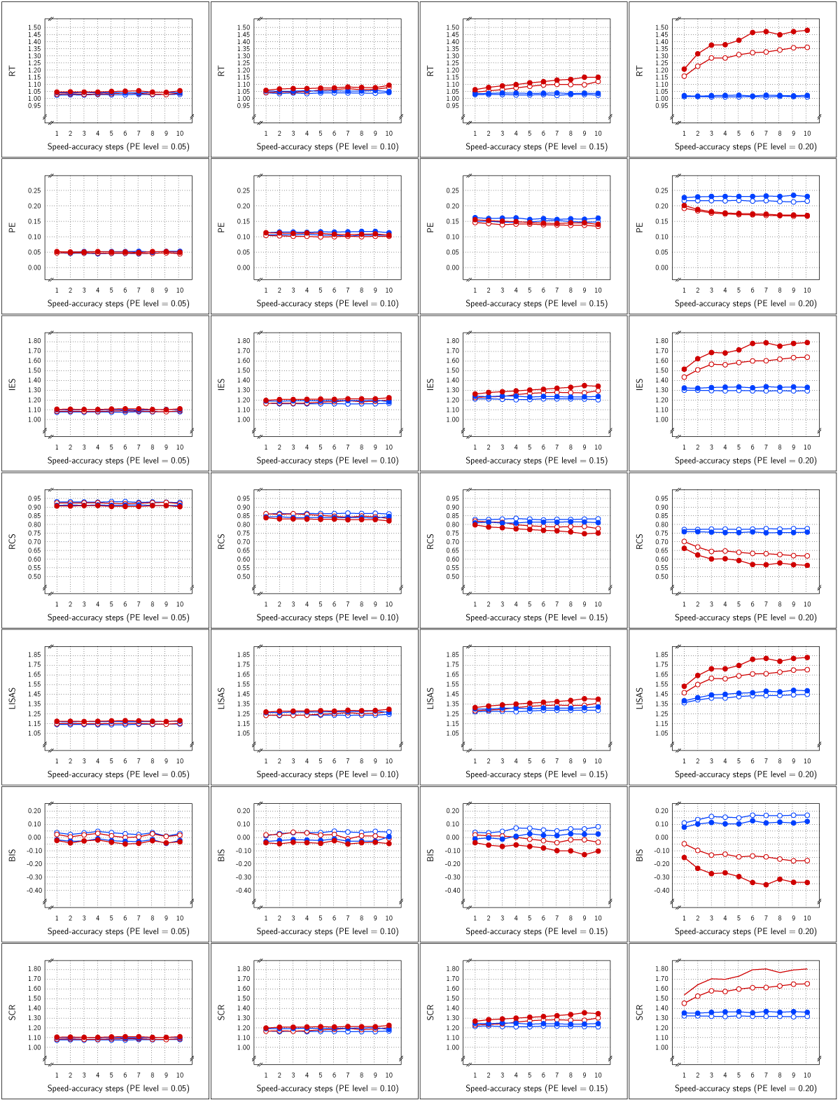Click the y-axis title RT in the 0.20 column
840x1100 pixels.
tap(639, 71)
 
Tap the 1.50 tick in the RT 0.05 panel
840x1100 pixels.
tap(35, 27)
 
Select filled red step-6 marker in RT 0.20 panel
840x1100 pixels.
tap(752, 32)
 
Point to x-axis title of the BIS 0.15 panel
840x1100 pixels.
tap(536, 931)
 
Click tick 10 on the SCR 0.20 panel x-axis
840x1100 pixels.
tap(807, 1075)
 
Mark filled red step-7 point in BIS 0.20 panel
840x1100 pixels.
tap(766, 884)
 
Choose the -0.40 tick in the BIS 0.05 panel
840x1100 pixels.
tap(34, 891)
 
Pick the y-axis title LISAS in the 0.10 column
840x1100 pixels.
tap(221, 699)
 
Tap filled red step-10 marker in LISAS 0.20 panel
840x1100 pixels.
tap(807, 657)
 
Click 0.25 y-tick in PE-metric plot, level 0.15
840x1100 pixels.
tap(452, 190)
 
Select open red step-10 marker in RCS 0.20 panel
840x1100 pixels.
tap(807, 556)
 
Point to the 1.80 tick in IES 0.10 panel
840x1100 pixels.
tap(244, 341)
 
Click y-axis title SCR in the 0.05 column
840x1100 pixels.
tap(12, 1012)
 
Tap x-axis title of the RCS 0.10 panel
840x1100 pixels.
tap(327, 618)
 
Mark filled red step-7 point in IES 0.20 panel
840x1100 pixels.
tap(766, 343)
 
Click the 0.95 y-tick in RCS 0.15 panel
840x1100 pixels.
tap(452, 499)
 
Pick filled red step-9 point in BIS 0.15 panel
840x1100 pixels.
tap(584, 855)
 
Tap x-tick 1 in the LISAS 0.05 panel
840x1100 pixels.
tap(57, 761)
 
